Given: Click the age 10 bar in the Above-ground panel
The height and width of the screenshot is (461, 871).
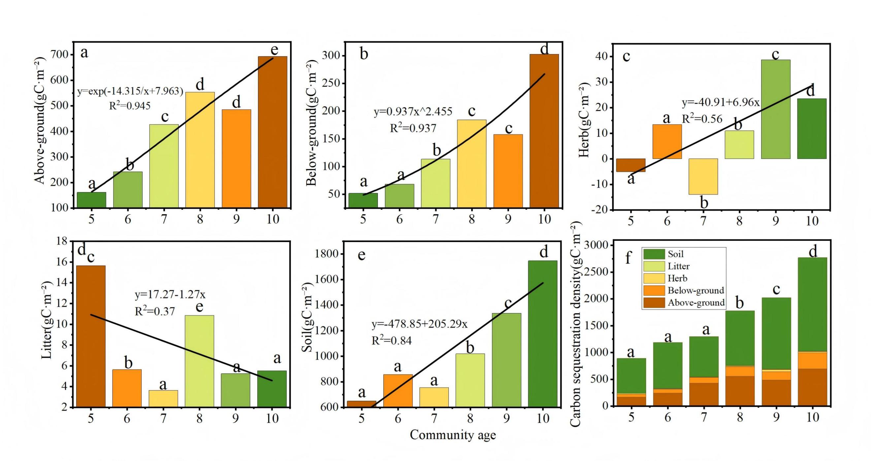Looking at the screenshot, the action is tap(273, 132).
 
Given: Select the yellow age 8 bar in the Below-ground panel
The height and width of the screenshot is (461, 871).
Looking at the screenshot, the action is tap(472, 164).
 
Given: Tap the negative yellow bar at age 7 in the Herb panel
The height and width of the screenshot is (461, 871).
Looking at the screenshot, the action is tap(703, 176).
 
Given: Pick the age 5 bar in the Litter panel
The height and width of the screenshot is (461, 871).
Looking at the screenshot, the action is tap(91, 336).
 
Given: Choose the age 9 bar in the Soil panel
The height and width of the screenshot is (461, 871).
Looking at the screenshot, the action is tap(506, 360).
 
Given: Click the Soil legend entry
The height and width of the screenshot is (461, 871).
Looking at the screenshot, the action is tap(663, 254).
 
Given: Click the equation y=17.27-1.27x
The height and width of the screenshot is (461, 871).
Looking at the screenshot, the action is tap(170, 295).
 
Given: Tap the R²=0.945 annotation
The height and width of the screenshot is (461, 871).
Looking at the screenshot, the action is tap(130, 106).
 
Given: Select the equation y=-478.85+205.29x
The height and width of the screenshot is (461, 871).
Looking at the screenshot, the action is tap(420, 324).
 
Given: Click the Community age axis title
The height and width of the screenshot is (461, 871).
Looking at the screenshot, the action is tap(453, 435).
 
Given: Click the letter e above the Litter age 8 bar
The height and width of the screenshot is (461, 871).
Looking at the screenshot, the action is tap(200, 307).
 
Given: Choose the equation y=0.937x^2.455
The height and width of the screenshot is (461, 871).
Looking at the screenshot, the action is tap(413, 112).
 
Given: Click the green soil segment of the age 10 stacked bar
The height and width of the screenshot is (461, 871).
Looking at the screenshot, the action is tap(812, 304).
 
